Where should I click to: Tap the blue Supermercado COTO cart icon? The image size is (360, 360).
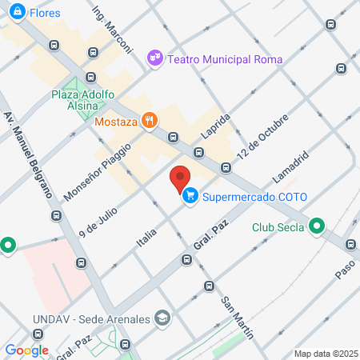tap(190, 196)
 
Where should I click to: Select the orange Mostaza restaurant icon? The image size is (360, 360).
tap(149, 121)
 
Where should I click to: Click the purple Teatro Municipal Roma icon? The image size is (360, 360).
tap(154, 58)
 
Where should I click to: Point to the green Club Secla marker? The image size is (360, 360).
tap(317, 226)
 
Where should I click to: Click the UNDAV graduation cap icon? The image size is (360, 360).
tap(163, 318)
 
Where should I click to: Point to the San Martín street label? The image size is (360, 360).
tap(238, 316)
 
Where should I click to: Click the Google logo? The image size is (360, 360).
tap(26, 350)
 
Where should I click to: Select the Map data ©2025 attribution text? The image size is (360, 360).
tap(326, 354)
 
